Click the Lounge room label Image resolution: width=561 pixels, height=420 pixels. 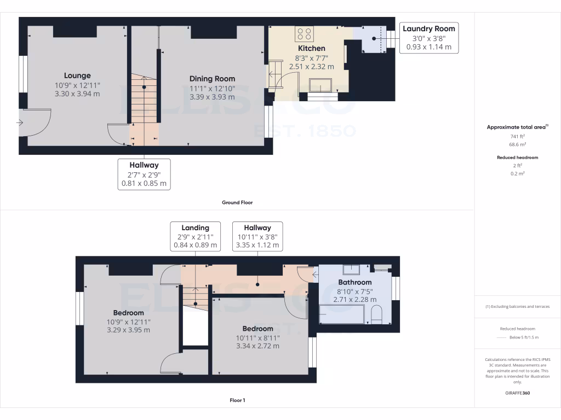(77, 75)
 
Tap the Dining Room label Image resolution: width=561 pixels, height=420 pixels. (212, 79)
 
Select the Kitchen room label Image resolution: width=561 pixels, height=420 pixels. (312, 48)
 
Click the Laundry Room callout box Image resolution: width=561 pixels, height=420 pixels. (428, 38)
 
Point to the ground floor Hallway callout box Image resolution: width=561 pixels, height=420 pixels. (144, 174)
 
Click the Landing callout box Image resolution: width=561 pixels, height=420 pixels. (196, 236)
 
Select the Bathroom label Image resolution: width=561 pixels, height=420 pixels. (354, 282)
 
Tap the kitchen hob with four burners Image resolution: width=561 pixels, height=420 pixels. (304, 34)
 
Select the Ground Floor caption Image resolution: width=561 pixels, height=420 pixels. (237, 202)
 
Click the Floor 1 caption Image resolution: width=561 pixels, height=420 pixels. (237, 400)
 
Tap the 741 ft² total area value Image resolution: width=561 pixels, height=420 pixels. (517, 136)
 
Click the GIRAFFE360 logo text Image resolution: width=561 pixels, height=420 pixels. (517, 393)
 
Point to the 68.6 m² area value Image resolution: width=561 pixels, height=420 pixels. (517, 145)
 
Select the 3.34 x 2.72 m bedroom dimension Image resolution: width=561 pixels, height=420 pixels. (257, 346)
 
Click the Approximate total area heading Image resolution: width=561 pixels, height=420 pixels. (517, 127)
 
